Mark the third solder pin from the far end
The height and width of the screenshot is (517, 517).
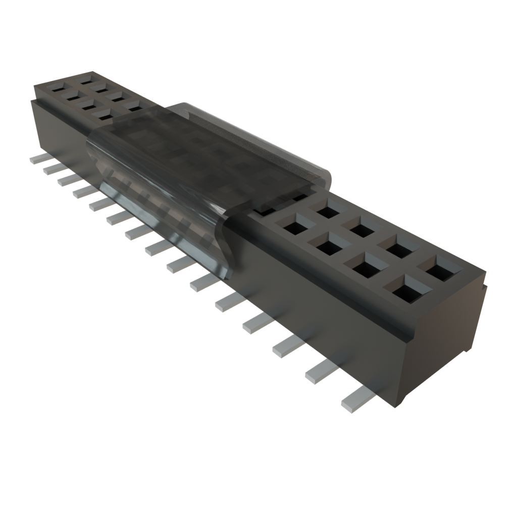(66, 180)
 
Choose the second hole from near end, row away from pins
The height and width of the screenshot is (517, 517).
(403, 246)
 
